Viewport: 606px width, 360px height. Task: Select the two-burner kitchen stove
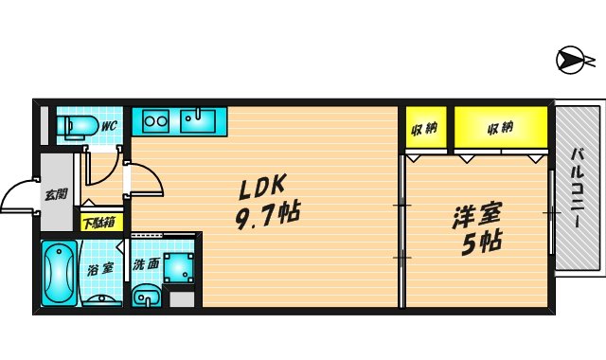click(154, 120)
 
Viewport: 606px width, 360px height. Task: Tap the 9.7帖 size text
click(267, 213)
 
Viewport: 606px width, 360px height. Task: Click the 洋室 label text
click(470, 214)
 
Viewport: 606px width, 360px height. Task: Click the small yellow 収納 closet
click(425, 128)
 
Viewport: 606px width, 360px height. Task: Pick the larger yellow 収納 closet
click(500, 128)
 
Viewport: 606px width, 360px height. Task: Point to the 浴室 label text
click(101, 268)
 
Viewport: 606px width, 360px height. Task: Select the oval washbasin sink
click(145, 298)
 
